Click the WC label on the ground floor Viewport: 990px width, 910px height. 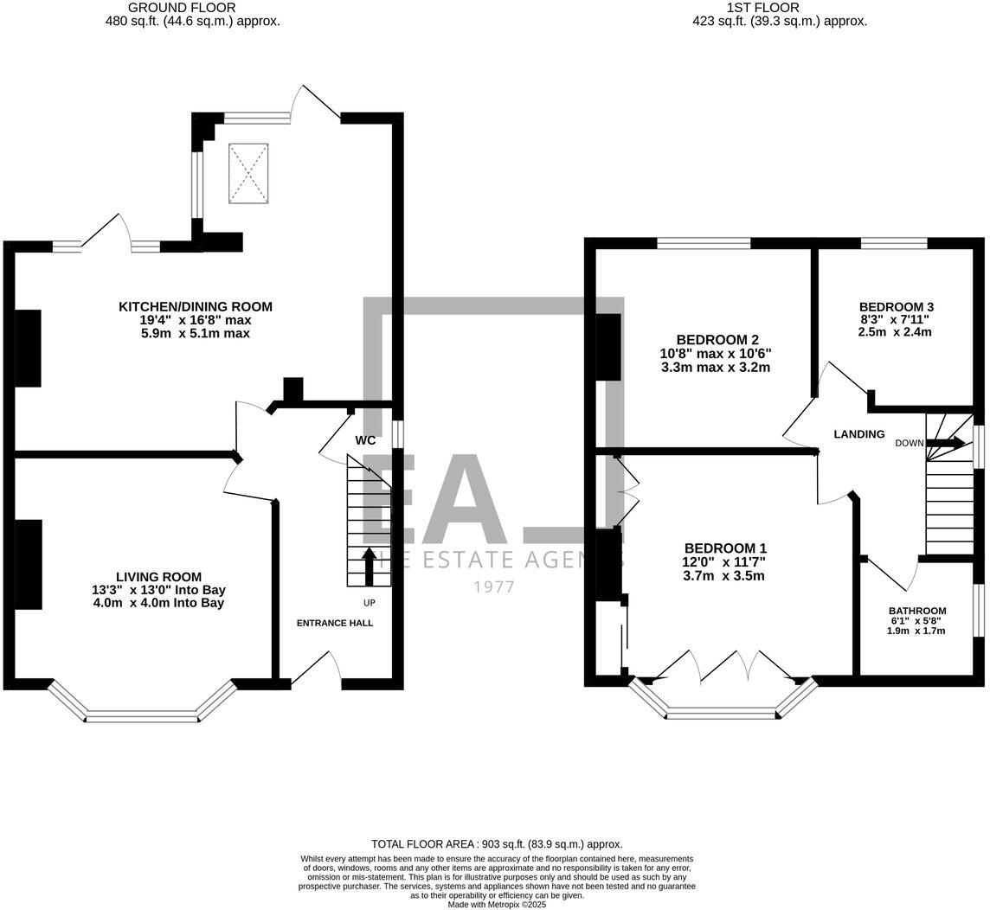[365, 440]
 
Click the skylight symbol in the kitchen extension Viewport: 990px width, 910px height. [248, 174]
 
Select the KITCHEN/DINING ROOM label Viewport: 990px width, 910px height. [196, 306]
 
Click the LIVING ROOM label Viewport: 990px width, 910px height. [158, 577]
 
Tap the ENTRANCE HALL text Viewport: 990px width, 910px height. [335, 623]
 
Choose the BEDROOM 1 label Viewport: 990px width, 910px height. [725, 548]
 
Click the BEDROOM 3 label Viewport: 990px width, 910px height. [896, 307]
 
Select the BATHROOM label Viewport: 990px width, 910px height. [917, 611]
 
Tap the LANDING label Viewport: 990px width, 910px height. [859, 434]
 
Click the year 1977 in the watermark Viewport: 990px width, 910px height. [493, 587]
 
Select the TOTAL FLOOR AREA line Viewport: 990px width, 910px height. [497, 844]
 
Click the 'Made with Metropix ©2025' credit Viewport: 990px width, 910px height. [497, 904]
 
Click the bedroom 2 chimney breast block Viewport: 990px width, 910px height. [609, 347]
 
